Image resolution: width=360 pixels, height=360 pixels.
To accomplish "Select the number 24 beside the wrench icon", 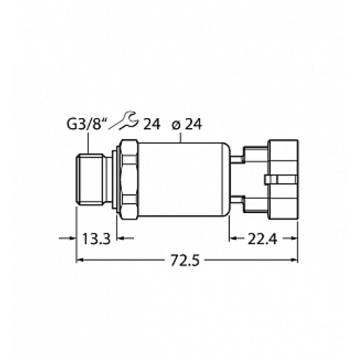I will tap(151, 124).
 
